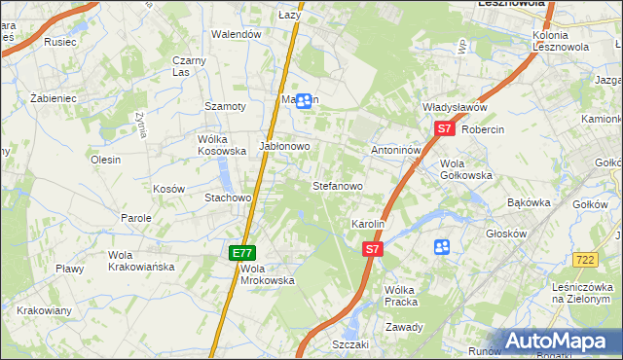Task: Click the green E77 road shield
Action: pos(243,252)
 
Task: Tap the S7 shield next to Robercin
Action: pos(444,127)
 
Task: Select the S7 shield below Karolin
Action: pos(371,249)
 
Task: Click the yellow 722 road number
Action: pos(585,259)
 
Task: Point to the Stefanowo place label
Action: pos(337,185)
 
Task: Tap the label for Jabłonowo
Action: pos(284,146)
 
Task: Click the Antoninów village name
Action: pos(396,151)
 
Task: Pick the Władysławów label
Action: pos(454,107)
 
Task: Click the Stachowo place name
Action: pos(228,198)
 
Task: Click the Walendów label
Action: pos(238,34)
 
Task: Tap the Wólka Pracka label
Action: pos(401,296)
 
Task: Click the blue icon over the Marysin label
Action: pos(304,100)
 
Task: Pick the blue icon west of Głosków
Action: pos(442,247)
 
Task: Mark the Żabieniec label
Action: pos(53,98)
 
